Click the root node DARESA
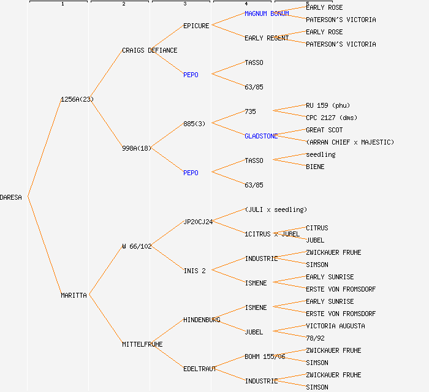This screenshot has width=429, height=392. (x=11, y=197)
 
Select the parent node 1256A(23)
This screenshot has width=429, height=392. (x=77, y=99)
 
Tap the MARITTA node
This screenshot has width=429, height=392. (x=74, y=295)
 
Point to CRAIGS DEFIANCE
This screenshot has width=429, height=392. (x=150, y=50)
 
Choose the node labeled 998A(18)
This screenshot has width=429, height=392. (x=137, y=148)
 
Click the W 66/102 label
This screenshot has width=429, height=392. (x=137, y=246)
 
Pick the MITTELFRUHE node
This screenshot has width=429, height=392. (x=142, y=344)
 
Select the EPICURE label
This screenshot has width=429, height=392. (x=196, y=26)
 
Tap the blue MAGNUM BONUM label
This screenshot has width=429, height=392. (x=267, y=13)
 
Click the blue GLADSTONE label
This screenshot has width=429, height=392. (x=261, y=136)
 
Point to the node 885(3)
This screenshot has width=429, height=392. (x=194, y=124)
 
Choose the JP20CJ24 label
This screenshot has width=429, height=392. (x=198, y=222)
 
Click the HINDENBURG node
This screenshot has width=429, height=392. (x=202, y=320)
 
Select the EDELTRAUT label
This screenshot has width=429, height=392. (x=200, y=369)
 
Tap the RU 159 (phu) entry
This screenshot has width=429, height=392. (x=327, y=105)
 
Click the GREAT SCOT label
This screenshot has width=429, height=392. (x=324, y=130)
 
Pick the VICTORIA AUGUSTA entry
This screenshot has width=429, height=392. (x=335, y=326)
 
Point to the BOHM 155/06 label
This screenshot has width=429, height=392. (x=265, y=356)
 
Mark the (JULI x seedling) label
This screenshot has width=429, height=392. (x=276, y=209)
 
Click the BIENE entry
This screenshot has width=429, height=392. (x=315, y=167)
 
